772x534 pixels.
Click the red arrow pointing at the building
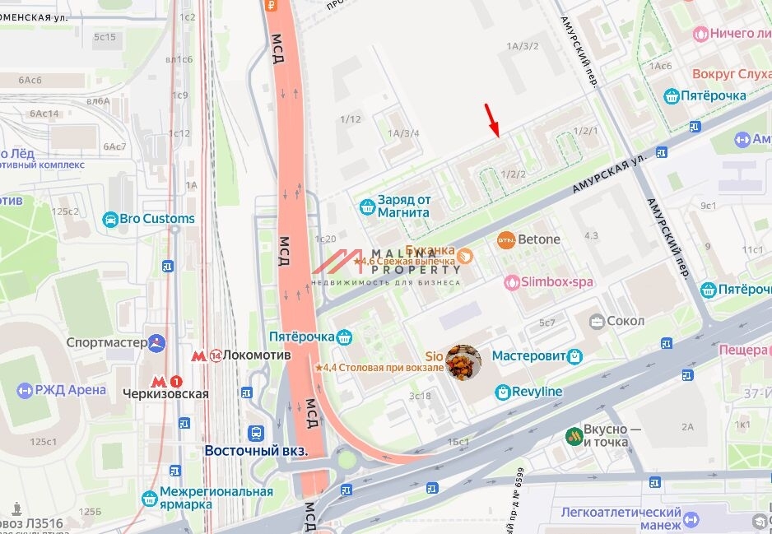[x=492, y=120]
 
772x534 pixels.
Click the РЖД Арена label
[x=70, y=389]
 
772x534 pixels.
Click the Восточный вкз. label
[x=255, y=451]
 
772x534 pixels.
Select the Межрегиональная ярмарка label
[x=216, y=499]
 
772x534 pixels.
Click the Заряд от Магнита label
[x=403, y=206]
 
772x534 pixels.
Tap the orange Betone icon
[x=506, y=240]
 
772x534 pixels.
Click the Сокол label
[x=625, y=320]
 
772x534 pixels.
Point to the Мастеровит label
[x=528, y=356]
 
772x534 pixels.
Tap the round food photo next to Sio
[x=463, y=363]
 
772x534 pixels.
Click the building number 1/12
[x=350, y=119]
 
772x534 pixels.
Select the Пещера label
[x=744, y=350]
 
